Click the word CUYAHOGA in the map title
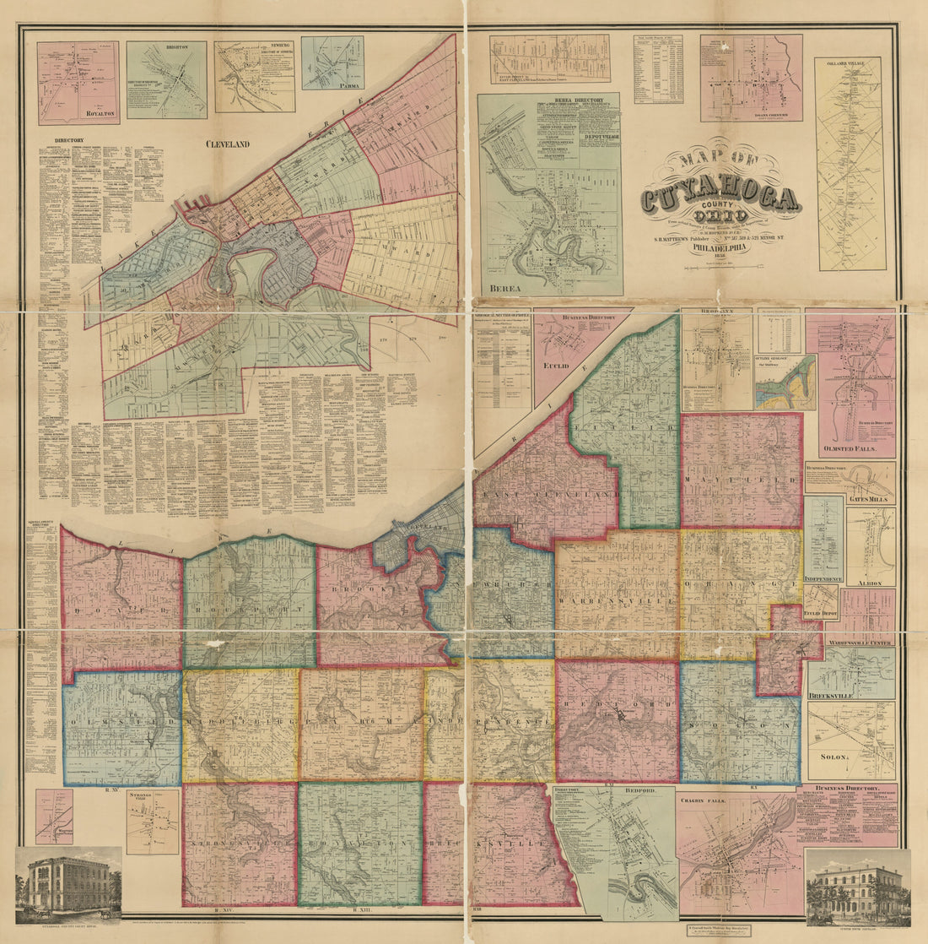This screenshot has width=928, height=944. coord(720,200)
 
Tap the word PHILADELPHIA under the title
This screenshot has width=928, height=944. coord(720,249)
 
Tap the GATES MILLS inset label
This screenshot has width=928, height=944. coord(870,499)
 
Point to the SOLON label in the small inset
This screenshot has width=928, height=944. coord(833,757)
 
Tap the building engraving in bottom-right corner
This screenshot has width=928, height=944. coord(858,887)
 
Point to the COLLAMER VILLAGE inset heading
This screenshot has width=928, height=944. coord(848,62)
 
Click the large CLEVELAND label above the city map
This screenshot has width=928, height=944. coord(228,144)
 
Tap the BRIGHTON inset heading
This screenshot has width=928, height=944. coord(166,48)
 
